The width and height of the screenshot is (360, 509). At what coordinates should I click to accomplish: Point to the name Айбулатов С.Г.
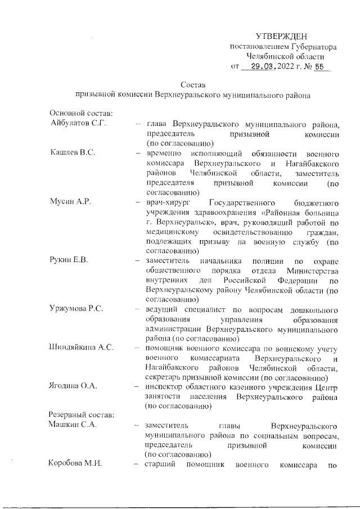pyautogui.click(x=78, y=123)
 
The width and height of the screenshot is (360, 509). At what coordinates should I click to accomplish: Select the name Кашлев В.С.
pyautogui.click(x=70, y=154)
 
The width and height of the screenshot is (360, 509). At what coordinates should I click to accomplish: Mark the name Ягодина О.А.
pyautogui.click(x=74, y=387)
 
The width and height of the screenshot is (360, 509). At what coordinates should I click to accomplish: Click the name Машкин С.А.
pyautogui.click(x=73, y=425)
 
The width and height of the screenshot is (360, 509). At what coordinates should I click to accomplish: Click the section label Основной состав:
pyautogui.click(x=82, y=113)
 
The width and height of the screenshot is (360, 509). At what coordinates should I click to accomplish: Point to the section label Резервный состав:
pyautogui.click(x=82, y=416)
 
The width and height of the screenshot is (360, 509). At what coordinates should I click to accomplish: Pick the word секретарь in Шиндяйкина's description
pyautogui.click(x=163, y=377)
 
